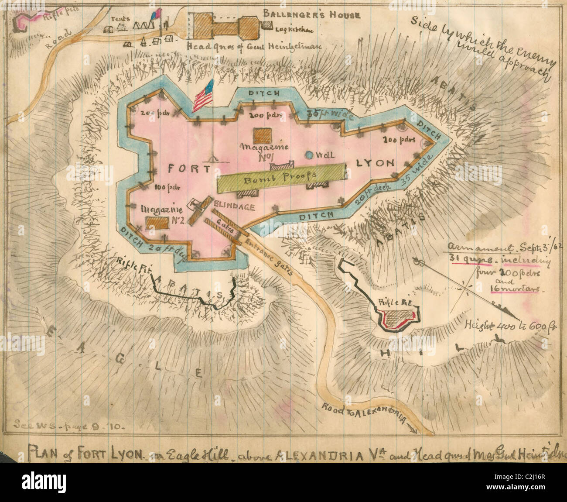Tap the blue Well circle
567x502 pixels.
[x=309, y=155]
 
